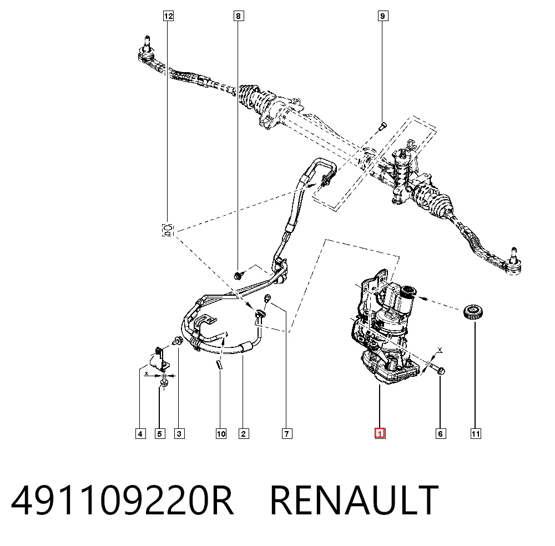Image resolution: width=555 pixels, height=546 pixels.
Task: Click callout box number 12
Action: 168,16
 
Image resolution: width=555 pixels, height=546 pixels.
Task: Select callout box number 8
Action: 239,16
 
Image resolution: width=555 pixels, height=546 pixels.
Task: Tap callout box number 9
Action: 382,16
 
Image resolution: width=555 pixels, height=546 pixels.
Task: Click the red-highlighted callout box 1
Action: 380,433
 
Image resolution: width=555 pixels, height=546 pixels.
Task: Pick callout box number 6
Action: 441,433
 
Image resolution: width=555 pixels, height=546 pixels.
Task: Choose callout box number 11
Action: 476,433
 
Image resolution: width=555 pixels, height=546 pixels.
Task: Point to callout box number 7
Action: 287,433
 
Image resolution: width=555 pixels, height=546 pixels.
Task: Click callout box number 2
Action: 244,433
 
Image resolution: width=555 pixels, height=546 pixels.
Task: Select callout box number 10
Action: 221,433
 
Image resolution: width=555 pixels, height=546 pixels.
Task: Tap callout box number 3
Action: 179,433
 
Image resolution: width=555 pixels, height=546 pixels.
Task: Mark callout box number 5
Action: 160,433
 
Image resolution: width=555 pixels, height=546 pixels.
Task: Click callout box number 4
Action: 140,433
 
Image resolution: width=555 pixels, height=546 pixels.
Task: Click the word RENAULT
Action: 354,501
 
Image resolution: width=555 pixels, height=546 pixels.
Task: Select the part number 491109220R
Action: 122,501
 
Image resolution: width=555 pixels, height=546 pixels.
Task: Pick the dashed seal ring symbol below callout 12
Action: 168,230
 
